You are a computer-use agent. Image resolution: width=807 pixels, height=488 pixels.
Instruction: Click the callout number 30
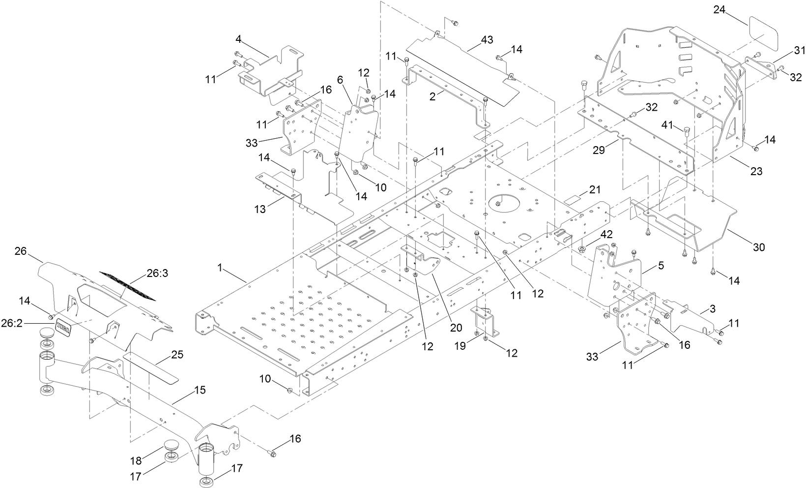point(759,247)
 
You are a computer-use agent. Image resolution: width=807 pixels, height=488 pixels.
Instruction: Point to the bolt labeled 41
point(687,131)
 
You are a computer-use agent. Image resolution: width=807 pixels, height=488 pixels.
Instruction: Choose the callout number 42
point(606,235)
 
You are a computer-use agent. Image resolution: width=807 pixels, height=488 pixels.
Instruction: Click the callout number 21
point(595,189)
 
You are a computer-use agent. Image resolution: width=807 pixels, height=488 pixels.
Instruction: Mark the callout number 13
point(260,210)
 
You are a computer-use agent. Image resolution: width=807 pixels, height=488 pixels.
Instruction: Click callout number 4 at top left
point(238,38)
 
